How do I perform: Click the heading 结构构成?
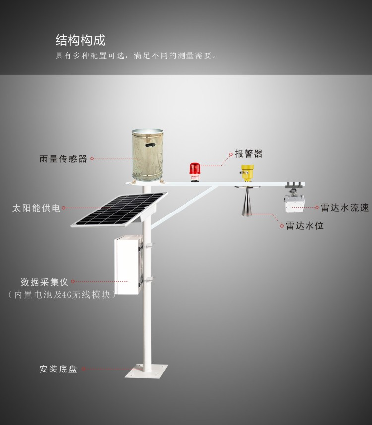(x=80, y=40)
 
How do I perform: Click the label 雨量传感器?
(x=63, y=159)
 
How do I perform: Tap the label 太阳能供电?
(x=36, y=208)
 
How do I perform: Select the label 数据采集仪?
(x=44, y=282)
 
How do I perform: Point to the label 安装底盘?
(x=59, y=369)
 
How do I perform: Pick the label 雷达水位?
(x=305, y=226)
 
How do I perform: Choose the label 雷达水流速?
(x=345, y=208)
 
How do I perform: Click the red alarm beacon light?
(x=193, y=171)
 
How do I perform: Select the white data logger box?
(x=127, y=265)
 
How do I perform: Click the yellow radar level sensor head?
(x=247, y=173)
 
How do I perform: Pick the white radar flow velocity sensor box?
(x=294, y=204)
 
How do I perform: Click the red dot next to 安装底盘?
(x=83, y=369)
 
